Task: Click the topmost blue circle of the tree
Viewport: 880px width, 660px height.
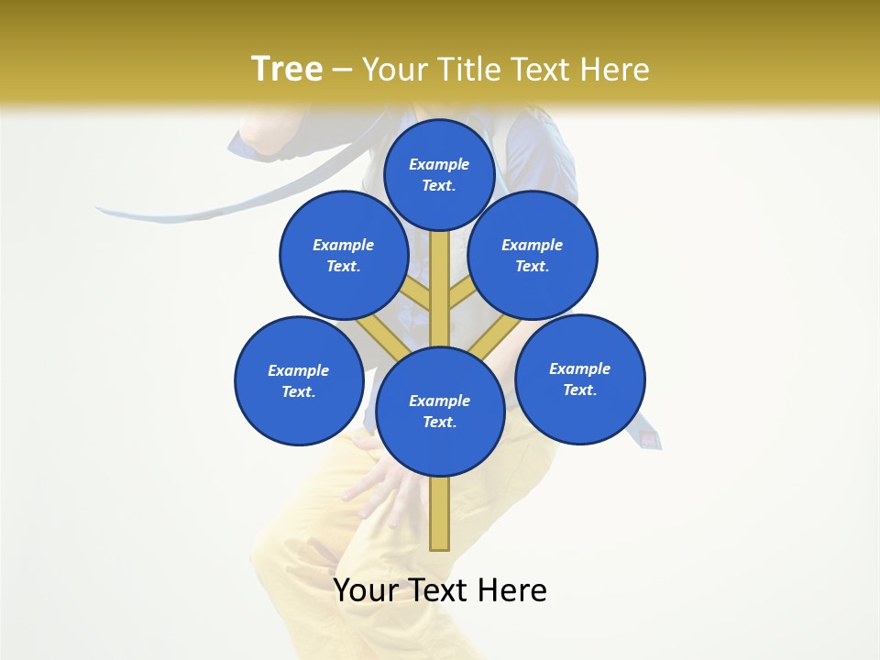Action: click(x=439, y=174)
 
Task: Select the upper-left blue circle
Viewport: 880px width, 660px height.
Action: click(x=344, y=255)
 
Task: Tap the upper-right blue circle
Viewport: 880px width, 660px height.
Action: click(x=533, y=255)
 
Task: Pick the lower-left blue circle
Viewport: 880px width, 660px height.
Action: click(x=299, y=381)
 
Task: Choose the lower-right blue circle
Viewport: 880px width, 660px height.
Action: click(x=580, y=379)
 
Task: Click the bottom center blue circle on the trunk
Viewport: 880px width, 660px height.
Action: click(x=440, y=411)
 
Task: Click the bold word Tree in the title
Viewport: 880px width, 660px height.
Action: click(x=287, y=69)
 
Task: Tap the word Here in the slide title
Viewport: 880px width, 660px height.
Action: click(x=615, y=70)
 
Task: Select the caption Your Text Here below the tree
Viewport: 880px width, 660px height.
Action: click(x=440, y=590)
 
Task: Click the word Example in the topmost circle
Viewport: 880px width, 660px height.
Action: click(x=439, y=164)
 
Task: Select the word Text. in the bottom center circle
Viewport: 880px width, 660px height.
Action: click(x=439, y=422)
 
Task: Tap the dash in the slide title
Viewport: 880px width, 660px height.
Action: click(x=342, y=70)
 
